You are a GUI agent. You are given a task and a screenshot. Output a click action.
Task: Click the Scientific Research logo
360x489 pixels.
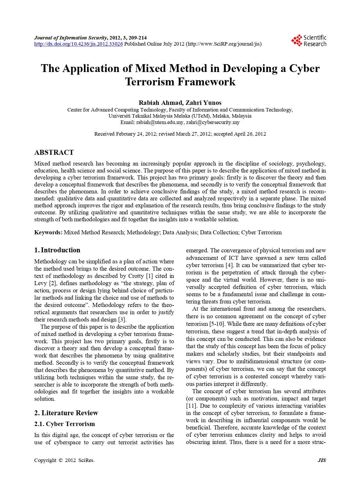[309, 41]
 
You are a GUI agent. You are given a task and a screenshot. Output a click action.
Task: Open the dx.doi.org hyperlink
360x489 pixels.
[78, 44]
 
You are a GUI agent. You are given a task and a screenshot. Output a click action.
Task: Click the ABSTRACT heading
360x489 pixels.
[54, 152]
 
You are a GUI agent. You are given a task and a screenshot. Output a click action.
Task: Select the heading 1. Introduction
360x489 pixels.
[57, 250]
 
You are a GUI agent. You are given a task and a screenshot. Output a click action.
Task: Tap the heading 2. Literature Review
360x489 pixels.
[66, 413]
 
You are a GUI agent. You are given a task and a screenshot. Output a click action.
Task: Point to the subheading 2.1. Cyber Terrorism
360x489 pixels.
[64, 424]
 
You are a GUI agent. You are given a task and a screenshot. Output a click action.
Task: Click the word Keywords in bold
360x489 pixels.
[48, 232]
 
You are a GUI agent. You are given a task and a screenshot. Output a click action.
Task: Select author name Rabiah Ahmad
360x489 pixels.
[160, 103]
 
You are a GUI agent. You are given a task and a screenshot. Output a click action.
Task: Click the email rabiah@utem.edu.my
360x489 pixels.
[160, 122]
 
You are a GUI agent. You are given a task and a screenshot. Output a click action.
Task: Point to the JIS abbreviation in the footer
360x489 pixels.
[322, 460]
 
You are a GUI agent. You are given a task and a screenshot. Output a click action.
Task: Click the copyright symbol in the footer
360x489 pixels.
[60, 460]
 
